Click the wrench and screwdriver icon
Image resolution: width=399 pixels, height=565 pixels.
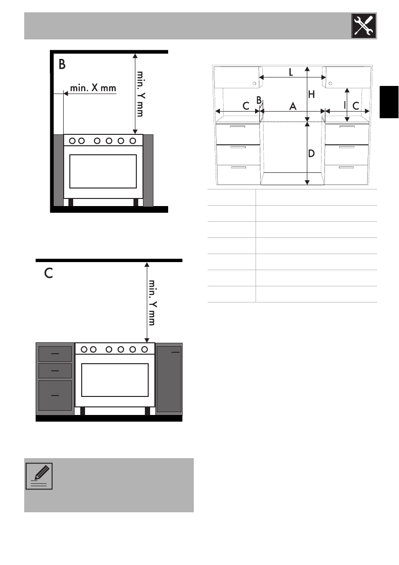click(364, 26)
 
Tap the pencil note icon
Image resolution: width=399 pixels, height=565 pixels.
click(39, 476)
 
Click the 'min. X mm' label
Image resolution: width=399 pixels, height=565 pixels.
click(93, 88)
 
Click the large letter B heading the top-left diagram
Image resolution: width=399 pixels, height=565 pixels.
click(62, 64)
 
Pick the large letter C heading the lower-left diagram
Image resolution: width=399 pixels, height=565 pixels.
click(48, 273)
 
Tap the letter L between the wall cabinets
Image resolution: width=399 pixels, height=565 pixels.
click(291, 72)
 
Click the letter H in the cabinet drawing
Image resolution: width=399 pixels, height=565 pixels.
click(312, 94)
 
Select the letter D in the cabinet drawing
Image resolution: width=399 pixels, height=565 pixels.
click(312, 153)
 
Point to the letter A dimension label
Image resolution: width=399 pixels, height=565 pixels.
click(293, 106)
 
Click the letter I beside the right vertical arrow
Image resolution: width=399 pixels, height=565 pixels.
click(345, 105)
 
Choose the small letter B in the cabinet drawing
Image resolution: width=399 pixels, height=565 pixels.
click(259, 100)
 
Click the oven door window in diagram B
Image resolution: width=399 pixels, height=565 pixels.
click(103, 171)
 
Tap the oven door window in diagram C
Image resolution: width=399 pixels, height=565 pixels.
click(115, 380)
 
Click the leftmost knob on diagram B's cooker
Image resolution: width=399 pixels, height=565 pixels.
click(73, 141)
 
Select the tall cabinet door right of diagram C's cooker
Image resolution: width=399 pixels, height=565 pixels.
click(169, 379)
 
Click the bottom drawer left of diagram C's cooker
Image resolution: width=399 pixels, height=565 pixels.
click(55, 395)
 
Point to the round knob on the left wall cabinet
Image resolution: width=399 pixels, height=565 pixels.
click(255, 84)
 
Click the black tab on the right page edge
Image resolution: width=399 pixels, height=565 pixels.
click(389, 102)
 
